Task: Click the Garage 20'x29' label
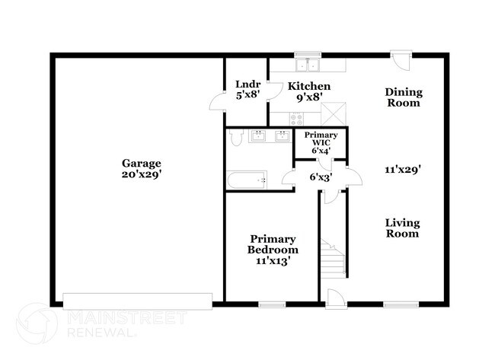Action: point(142,169)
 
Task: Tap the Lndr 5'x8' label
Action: point(248,90)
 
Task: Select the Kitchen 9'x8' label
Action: point(309,91)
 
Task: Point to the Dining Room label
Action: point(404,97)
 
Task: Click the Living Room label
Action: point(403,228)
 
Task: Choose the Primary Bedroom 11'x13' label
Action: point(273,250)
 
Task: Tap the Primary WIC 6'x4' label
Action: point(321,142)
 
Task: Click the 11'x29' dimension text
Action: point(403,170)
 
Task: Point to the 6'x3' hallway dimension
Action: point(321,177)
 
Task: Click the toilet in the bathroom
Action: point(236,138)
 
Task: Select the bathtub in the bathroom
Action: point(247,180)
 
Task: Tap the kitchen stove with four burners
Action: point(296,119)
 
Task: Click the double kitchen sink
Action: point(308,65)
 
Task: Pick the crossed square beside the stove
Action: point(334,113)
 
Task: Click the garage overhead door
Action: point(138,301)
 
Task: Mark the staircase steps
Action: point(333,256)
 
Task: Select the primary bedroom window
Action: point(272,304)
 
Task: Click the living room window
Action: point(401,304)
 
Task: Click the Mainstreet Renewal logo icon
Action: point(37,323)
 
